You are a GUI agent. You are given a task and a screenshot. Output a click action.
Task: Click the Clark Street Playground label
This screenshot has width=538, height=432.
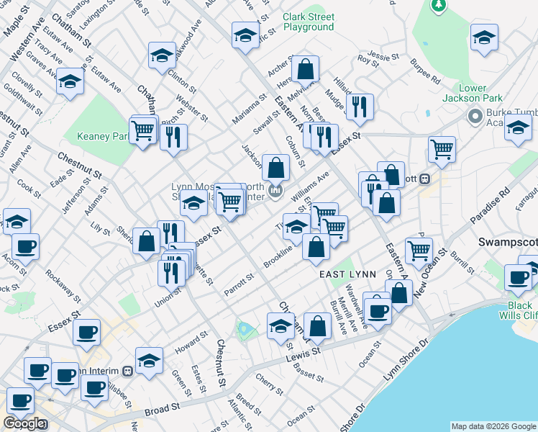[x=308, y=22]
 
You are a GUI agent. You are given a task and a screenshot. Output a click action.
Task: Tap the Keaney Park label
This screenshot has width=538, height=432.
[x=102, y=136]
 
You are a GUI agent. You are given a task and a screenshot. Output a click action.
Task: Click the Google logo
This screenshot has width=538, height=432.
[x=24, y=423]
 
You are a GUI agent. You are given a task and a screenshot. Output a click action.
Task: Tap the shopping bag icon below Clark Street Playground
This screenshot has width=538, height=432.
[x=306, y=71]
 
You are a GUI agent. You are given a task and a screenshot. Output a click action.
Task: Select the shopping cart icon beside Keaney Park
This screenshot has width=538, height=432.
[x=144, y=130]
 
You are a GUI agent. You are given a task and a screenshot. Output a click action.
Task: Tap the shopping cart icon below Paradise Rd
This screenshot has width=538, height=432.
[x=419, y=251]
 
